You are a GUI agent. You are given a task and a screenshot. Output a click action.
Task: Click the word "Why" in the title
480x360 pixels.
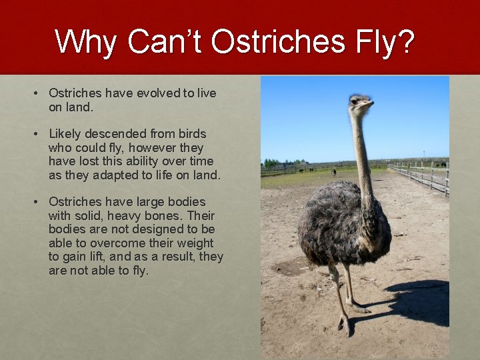(86, 42)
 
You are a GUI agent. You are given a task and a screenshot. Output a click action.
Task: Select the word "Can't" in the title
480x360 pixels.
(166, 42)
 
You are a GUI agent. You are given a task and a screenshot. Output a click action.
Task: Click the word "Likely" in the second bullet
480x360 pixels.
(66, 134)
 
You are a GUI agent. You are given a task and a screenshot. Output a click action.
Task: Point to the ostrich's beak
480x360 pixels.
(369, 104)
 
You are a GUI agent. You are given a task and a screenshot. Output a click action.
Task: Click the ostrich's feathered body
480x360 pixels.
(340, 223)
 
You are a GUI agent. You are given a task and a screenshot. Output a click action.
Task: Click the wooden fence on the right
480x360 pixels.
(427, 177)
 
